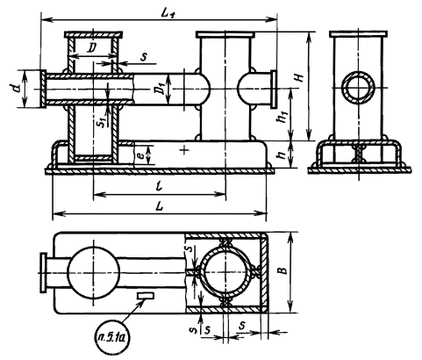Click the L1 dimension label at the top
point(168,13)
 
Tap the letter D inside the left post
point(91,48)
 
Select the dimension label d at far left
point(18,88)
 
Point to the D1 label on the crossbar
point(160,89)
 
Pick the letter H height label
point(299,78)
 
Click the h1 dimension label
point(283,116)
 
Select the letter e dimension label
point(140,155)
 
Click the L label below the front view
point(159,206)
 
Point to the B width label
point(283,270)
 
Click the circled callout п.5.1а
point(112,338)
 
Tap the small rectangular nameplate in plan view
point(146,296)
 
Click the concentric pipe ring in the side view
point(359,87)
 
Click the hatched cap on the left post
point(93,34)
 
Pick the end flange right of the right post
point(274,89)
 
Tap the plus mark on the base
point(184,150)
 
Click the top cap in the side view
point(359,34)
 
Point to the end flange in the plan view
point(44,272)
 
